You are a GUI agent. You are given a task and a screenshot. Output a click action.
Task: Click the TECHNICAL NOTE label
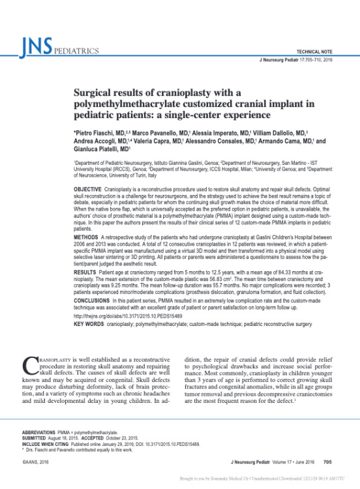point(316,51)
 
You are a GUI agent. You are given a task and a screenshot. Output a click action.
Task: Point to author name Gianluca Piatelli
point(94,149)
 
